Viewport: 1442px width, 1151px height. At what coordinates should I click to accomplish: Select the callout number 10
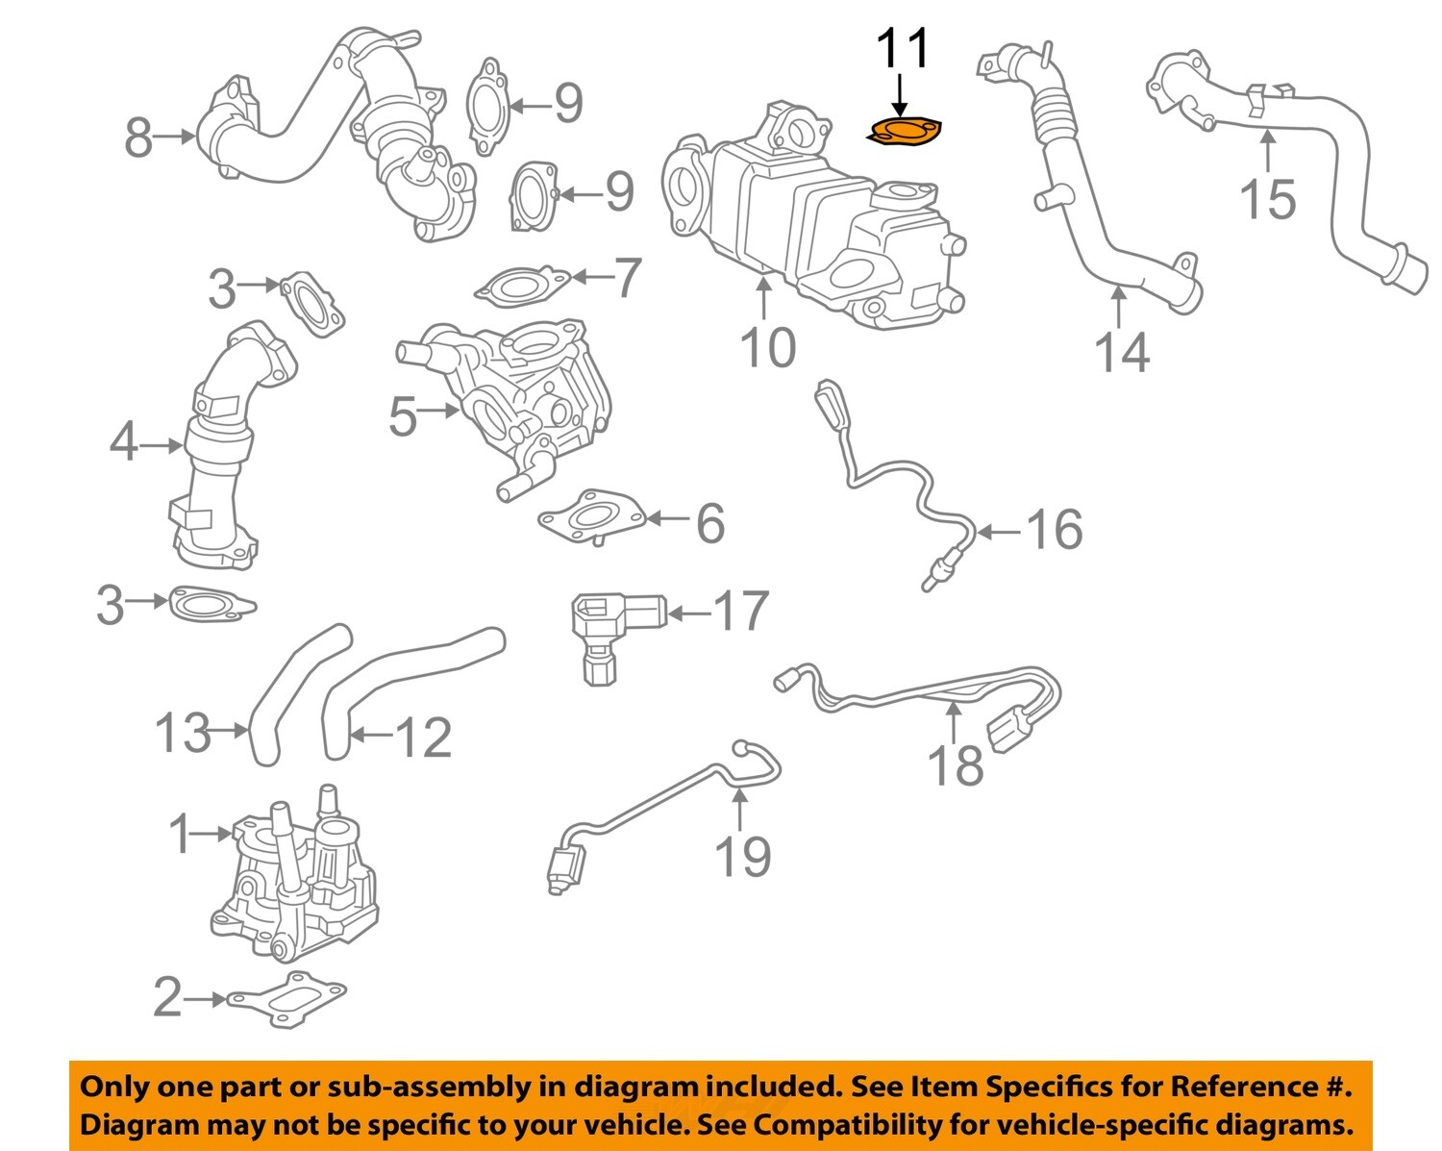pos(767,348)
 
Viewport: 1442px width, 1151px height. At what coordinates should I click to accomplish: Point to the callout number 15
pos(1268,199)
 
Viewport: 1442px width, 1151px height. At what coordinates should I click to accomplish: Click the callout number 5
pos(403,416)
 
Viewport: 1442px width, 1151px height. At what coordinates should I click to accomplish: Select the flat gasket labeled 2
pos(286,998)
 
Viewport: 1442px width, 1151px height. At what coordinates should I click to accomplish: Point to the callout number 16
pos(1055,530)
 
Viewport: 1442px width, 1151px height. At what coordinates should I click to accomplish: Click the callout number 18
pos(955,765)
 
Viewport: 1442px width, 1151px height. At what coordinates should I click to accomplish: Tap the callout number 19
pos(742,856)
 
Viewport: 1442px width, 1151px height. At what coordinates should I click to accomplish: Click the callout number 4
pos(123,443)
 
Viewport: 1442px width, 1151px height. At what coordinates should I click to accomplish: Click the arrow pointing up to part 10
pos(764,297)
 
